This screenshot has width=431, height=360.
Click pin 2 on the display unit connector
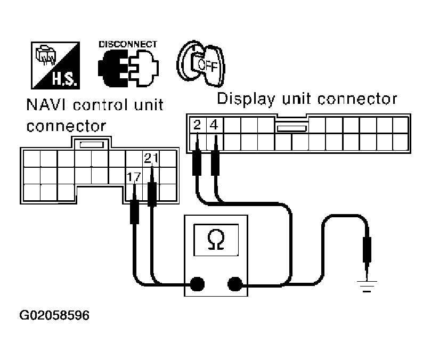(x=197, y=126)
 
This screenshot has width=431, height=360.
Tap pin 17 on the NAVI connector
(x=134, y=176)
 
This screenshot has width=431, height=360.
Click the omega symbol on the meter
(x=216, y=240)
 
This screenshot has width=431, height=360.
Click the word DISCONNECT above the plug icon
(x=127, y=44)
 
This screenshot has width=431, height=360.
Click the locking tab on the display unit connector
(x=291, y=128)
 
